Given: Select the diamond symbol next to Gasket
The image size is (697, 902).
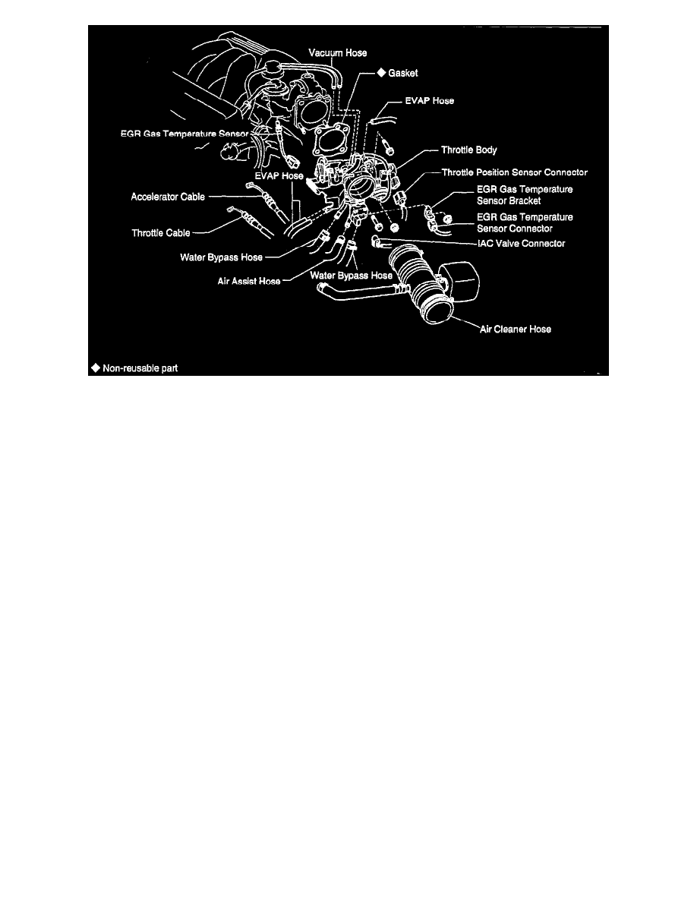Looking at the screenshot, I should point(381,73).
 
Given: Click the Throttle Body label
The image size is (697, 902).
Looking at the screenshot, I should point(468,150).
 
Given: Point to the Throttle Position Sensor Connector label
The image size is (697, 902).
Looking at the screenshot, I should point(514,173).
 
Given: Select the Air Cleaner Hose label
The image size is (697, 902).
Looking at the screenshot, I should point(515,330).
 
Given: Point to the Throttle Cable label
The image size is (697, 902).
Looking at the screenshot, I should point(161,233).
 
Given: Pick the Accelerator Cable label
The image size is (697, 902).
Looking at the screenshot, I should point(167,197).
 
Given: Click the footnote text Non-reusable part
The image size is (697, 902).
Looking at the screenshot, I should point(140,367).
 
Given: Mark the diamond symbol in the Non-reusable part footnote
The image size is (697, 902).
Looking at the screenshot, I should point(95,367).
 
